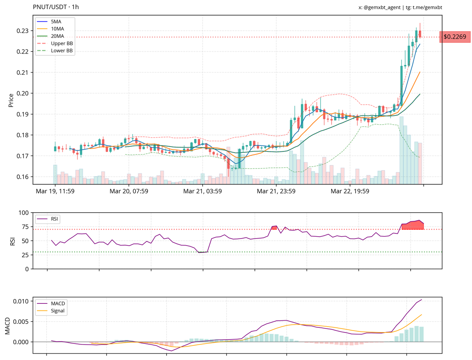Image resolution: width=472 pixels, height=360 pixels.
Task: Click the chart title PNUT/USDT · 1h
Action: click(56, 7)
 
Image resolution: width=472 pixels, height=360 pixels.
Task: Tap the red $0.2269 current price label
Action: click(454, 37)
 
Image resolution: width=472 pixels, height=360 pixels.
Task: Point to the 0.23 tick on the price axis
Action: click(22, 31)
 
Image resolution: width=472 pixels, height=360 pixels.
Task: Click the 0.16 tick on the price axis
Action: click(22, 177)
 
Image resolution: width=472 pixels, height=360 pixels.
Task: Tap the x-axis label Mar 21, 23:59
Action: click(276, 191)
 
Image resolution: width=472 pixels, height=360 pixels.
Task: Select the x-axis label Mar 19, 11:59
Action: click(55, 191)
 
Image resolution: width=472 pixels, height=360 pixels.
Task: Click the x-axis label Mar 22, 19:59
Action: click(350, 191)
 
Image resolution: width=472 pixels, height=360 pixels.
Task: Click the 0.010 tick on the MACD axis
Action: click(21, 301)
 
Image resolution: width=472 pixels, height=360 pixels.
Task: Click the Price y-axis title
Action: click(11, 100)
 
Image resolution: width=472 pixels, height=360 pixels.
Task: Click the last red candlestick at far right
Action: click(420, 34)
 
